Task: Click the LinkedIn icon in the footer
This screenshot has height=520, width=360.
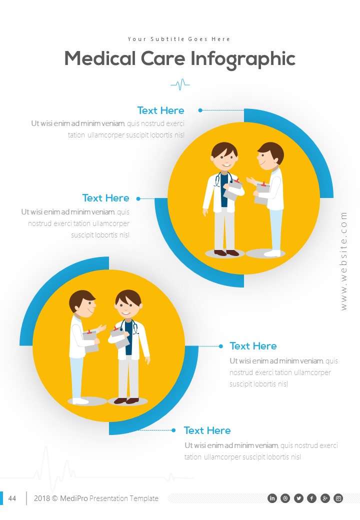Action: [x=272, y=498]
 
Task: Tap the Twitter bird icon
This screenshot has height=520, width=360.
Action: [x=299, y=498]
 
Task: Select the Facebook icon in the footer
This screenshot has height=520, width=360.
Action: [x=312, y=498]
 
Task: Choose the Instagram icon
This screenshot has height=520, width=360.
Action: [x=338, y=498]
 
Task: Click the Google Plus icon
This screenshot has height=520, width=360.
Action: [x=325, y=498]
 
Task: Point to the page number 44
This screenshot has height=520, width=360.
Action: [x=12, y=498]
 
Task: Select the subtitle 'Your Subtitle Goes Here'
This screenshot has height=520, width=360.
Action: [x=179, y=39]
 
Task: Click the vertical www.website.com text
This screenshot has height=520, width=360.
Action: [x=343, y=260]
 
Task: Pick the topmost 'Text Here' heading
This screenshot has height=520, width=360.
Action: [x=160, y=110]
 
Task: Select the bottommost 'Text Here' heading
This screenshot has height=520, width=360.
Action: [x=207, y=430]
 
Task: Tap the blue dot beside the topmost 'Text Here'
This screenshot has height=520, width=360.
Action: [x=200, y=110]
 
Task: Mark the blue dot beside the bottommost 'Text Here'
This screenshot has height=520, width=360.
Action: [x=173, y=430]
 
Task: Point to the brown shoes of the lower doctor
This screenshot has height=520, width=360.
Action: [x=126, y=400]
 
